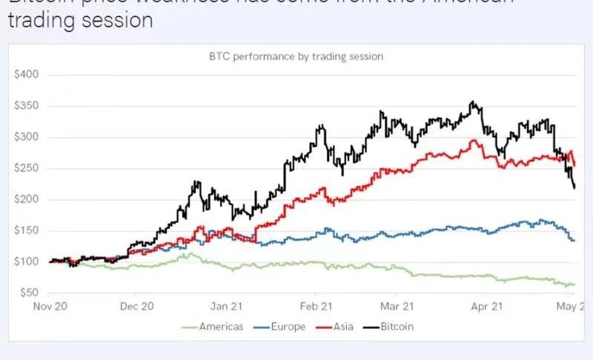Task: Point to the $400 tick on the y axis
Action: tap(27, 75)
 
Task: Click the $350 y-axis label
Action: tap(27, 106)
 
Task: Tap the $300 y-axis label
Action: tap(27, 137)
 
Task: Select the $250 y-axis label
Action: tap(27, 168)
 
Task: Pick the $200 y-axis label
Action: tap(27, 199)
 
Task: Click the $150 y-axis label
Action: tap(27, 230)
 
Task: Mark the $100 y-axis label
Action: tap(27, 261)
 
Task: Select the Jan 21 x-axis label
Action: tap(227, 304)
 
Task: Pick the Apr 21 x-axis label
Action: tap(486, 304)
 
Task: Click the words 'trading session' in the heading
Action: tap(81, 20)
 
